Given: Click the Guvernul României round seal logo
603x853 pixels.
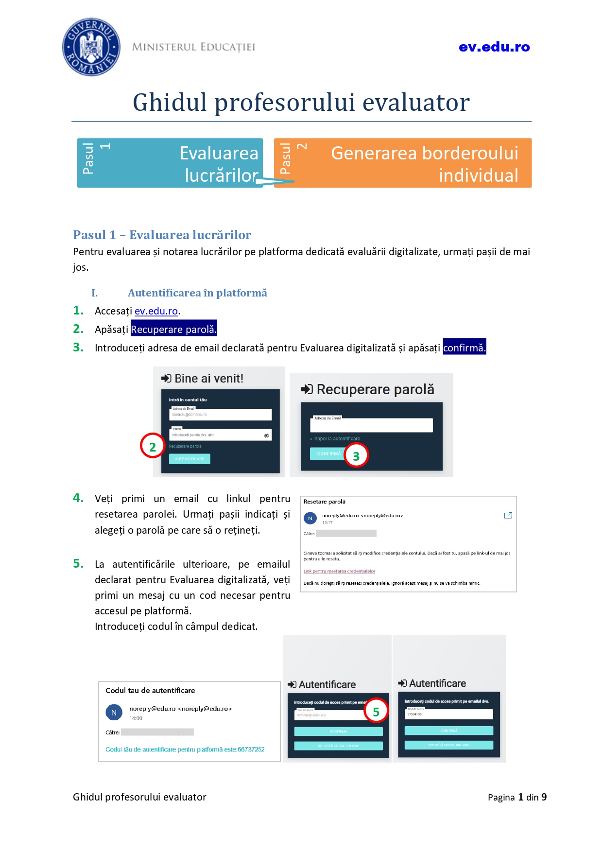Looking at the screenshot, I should coord(91,47).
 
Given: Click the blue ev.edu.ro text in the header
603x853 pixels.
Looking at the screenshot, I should coord(494,47).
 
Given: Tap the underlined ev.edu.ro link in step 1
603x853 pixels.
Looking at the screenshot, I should coord(156,311).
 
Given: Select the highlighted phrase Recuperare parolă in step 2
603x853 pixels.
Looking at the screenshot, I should coord(173,329).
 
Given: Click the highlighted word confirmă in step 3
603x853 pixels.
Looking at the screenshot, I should coord(464,348).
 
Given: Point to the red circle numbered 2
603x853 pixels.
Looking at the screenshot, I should coord(153,446).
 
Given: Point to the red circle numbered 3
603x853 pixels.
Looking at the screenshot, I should coord(356,456).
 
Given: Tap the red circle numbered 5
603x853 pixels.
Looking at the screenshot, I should coord(376,711).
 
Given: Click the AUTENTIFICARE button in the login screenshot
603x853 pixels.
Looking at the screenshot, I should coord(190,459).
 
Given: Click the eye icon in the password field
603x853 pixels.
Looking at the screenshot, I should coord(266,435).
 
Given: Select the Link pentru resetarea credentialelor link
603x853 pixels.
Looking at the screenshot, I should coord(339,571).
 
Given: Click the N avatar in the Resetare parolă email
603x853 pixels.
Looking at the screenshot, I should coord(310,518).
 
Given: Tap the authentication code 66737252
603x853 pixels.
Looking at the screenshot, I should coord(251,749).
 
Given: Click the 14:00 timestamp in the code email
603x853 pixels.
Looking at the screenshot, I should coord(136,718).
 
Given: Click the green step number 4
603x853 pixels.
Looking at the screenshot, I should coord(78,498).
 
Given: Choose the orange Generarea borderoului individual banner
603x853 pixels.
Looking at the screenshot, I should coord(403,163).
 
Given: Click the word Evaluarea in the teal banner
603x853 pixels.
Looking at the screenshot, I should coord(219,153).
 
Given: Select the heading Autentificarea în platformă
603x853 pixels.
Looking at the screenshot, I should coord(197,293).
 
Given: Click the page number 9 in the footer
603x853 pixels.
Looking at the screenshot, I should coord(544,797).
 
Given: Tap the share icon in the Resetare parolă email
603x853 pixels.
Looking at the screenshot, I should coord(508,515).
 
